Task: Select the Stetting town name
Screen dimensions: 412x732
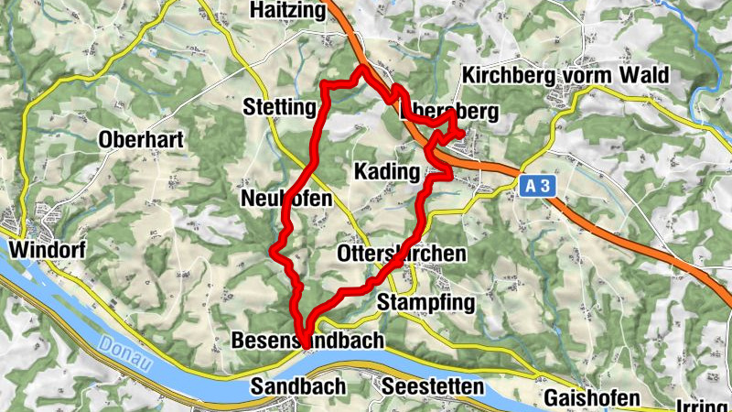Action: [279, 108]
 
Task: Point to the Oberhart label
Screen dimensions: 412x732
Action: [142, 140]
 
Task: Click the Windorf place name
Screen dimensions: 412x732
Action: [40, 249]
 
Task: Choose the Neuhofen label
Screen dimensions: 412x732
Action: [285, 199]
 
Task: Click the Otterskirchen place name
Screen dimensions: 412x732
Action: [402, 254]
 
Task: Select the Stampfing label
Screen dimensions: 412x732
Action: [426, 303]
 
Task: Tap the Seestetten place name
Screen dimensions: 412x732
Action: [432, 387]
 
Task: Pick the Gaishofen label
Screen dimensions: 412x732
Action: [586, 398]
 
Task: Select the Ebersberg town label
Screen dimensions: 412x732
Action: [450, 113]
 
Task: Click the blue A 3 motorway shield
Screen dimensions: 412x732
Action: [536, 186]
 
